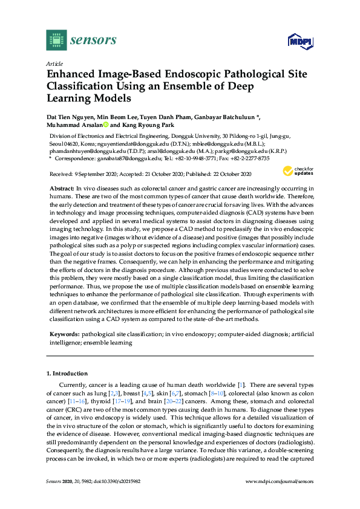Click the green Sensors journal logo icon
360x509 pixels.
click(x=56, y=41)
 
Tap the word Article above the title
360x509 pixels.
click(x=54, y=63)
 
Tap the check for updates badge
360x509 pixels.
click(x=297, y=170)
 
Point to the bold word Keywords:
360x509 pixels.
click(x=64, y=333)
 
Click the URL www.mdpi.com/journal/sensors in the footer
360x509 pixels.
click(x=280, y=499)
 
